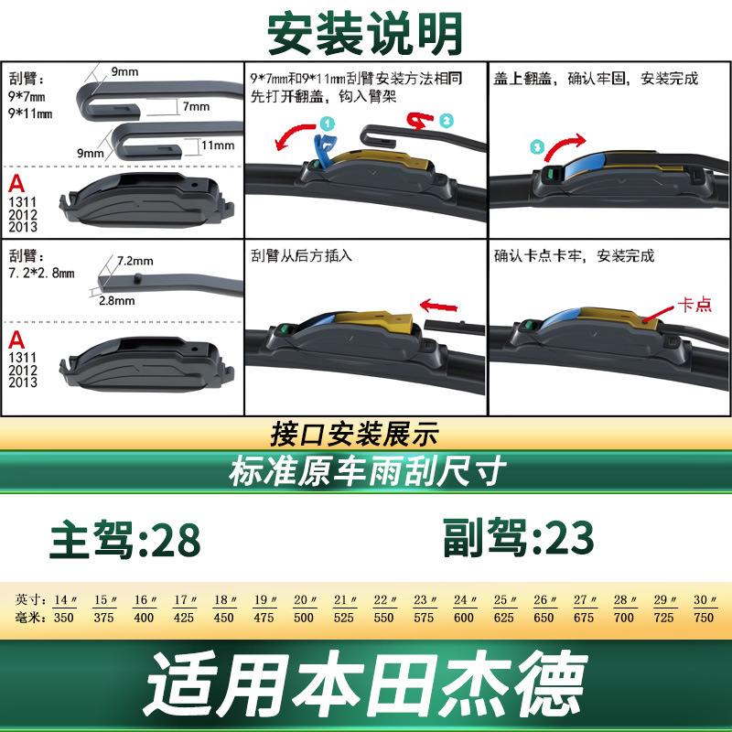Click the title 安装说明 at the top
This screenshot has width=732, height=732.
coord(365,34)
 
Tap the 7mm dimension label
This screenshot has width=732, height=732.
coord(196,106)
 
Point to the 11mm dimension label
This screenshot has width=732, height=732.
coord(218,145)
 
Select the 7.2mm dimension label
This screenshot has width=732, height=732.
coord(135,261)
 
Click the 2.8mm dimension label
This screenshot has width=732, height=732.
coord(117,301)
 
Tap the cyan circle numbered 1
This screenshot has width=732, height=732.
coord(328,124)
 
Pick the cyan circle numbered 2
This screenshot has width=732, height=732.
coord(447,121)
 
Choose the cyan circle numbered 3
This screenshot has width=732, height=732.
coord(537,147)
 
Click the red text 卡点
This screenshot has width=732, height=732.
coord(694,305)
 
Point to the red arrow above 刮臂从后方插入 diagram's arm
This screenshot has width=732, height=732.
coord(439,307)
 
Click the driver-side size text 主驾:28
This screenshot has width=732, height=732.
coord(125,540)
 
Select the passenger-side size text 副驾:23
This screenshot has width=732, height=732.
coord(518,537)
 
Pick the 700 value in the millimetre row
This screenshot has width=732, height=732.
coord(624,618)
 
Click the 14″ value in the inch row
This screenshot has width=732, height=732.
coord(65,599)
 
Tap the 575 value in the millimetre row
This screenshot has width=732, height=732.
coord(424,618)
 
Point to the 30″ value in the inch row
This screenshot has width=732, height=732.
coord(705,599)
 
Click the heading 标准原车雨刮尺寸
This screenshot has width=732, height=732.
coord(368,470)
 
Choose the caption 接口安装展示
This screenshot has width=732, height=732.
coord(355,434)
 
